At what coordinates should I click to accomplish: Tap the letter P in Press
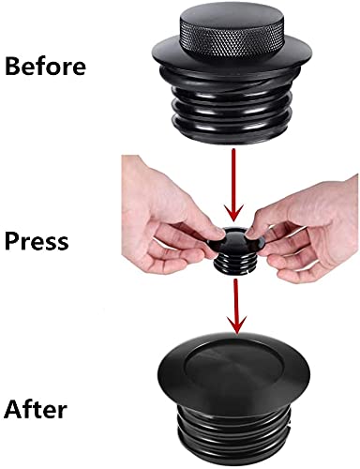coord(13,241)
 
